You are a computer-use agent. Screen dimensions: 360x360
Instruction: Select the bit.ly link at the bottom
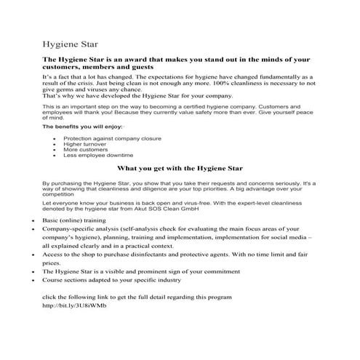tap(74, 305)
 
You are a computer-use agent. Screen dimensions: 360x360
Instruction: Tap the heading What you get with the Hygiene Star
tap(180, 168)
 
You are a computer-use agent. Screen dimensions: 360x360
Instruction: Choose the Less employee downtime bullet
tap(97, 156)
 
